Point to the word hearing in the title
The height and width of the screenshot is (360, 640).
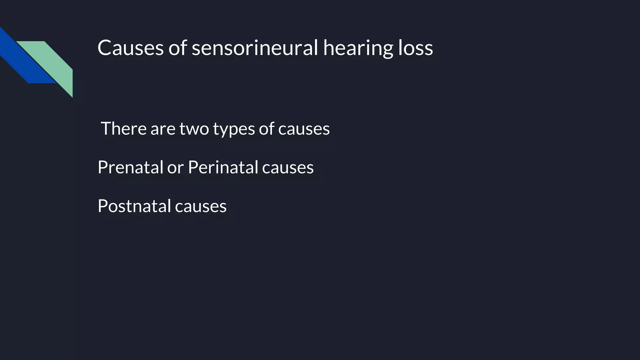pyautogui.click(x=357, y=48)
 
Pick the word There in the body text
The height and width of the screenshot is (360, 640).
pyautogui.click(x=123, y=128)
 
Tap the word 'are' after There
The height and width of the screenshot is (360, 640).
pyautogui.click(x=163, y=129)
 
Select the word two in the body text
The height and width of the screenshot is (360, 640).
pyautogui.click(x=194, y=129)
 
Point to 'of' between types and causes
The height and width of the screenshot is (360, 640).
pyautogui.click(x=266, y=128)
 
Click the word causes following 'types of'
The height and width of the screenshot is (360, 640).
pyautogui.click(x=304, y=129)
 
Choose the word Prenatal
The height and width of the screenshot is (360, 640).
pyautogui.click(x=130, y=167)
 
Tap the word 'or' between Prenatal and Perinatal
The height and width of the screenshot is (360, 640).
pyautogui.click(x=175, y=168)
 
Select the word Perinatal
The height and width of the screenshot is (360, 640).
pyautogui.click(x=223, y=167)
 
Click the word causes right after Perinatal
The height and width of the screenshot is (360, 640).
pyautogui.click(x=288, y=168)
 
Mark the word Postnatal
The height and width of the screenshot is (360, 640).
pyautogui.click(x=134, y=206)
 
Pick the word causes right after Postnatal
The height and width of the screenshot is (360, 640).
pyautogui.click(x=201, y=207)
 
